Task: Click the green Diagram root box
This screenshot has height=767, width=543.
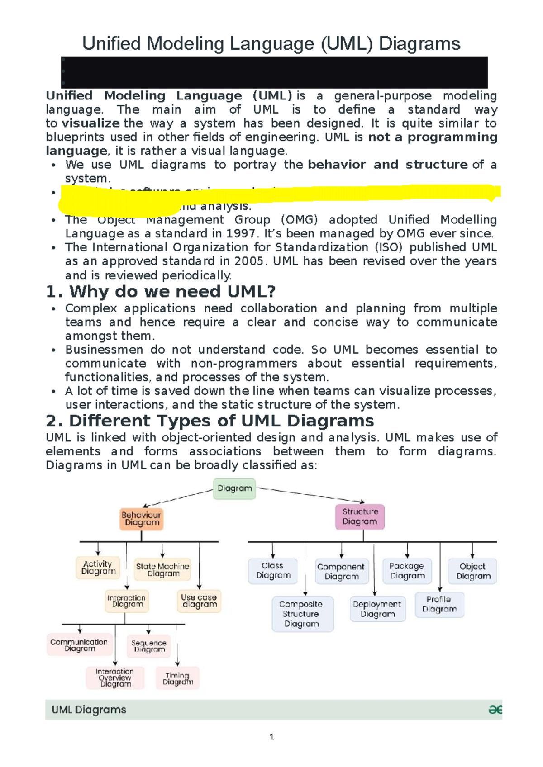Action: pos(234,488)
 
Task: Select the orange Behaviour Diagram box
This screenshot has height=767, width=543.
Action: pos(141,519)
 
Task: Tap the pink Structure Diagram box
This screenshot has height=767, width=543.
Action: pos(360,516)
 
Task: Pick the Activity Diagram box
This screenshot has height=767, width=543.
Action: pos(98,568)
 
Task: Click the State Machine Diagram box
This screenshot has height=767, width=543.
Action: pos(162,570)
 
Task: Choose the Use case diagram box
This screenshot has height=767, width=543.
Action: pos(199,601)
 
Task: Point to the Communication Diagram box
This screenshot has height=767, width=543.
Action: pos(79,645)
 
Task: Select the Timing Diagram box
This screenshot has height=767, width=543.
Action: pos(177,678)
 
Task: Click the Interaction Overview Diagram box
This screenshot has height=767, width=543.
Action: pos(115,678)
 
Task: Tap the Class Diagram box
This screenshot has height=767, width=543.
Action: pos(273,571)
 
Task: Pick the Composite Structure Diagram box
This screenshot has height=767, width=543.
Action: pos(302,614)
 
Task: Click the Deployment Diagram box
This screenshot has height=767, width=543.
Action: pos(377,609)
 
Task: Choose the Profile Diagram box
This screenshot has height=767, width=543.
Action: pos(439,604)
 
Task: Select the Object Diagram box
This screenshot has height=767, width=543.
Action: pos(473,571)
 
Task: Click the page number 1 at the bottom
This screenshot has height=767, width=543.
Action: pos(271,737)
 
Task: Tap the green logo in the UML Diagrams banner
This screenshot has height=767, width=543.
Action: pos(495,710)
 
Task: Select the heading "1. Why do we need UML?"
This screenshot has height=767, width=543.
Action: pos(161,292)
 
